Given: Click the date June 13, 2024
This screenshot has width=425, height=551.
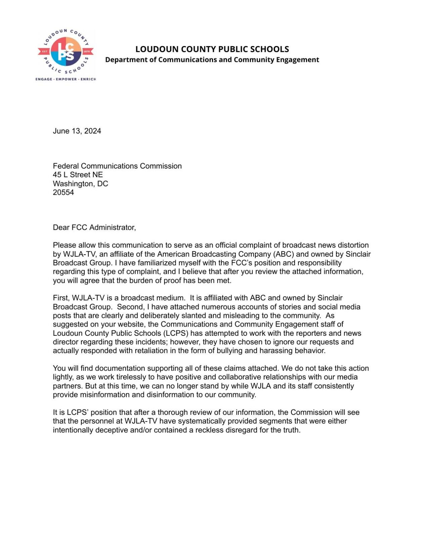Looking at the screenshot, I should (x=77, y=131).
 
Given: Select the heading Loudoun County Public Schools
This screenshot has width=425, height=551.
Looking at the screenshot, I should (x=212, y=49).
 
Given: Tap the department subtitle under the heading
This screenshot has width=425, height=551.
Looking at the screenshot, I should (x=212, y=60).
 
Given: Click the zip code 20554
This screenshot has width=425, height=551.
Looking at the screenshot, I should (x=63, y=192).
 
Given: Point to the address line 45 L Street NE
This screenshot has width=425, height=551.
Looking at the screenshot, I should (x=78, y=175).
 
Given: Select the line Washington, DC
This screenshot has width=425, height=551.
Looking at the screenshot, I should (x=80, y=184).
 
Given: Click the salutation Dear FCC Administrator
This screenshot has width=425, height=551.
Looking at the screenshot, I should (x=94, y=227).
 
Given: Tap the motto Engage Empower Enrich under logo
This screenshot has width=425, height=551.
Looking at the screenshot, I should (x=66, y=79).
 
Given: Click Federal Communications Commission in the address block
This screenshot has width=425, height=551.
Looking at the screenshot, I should (x=117, y=166).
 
